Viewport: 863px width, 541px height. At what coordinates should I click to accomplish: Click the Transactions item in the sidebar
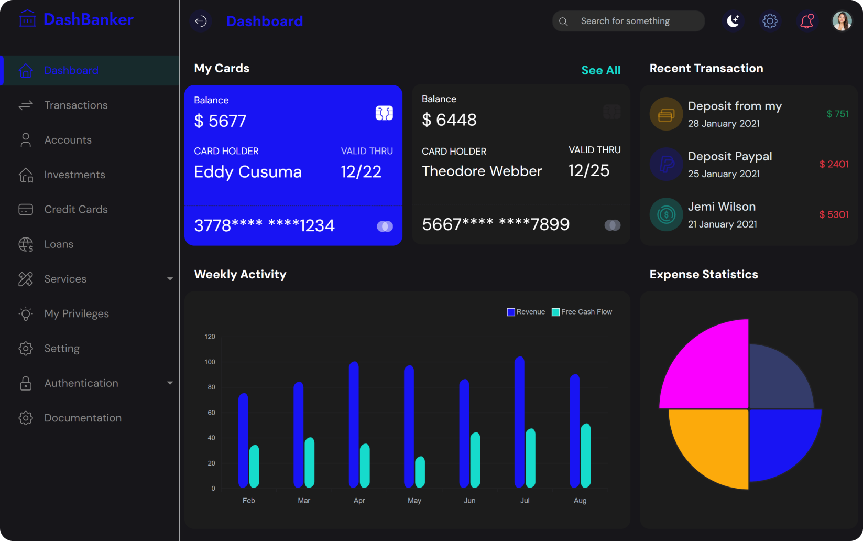[75, 105]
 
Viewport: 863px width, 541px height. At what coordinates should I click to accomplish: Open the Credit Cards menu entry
[75, 210]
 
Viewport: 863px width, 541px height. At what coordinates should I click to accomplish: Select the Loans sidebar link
[59, 244]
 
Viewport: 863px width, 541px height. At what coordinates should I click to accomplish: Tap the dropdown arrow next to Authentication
[170, 383]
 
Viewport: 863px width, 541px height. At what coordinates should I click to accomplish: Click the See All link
[600, 70]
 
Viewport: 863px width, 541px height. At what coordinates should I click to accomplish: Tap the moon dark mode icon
[733, 21]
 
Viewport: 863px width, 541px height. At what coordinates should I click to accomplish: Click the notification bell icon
[806, 21]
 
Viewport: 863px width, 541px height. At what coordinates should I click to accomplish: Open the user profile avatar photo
[842, 21]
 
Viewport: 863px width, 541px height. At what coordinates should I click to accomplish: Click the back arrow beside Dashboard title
[201, 21]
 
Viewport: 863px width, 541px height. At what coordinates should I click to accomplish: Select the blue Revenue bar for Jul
[519, 422]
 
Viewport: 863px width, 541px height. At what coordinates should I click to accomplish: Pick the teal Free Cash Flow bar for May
[420, 472]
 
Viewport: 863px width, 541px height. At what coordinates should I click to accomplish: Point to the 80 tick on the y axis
[211, 387]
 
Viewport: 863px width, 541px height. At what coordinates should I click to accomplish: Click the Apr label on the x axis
[359, 501]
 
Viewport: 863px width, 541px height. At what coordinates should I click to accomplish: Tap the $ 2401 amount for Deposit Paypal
[834, 165]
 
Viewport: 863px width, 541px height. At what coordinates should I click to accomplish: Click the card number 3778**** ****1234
[264, 226]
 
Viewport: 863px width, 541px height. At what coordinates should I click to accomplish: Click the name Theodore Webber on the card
[482, 171]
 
